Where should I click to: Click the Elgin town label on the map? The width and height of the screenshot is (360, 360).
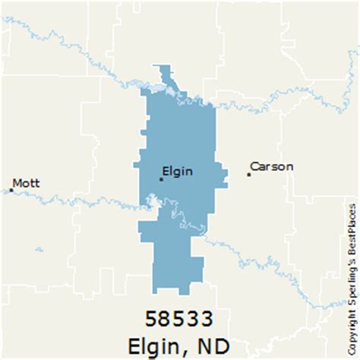[x=178, y=171]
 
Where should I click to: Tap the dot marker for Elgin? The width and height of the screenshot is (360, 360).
[x=161, y=179]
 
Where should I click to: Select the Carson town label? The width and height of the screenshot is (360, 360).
[x=271, y=166]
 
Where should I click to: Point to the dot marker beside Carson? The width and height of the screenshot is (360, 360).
[x=248, y=175]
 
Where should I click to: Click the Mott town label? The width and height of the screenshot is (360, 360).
[x=27, y=183]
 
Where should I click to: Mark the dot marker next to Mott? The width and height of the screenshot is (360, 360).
[x=11, y=191]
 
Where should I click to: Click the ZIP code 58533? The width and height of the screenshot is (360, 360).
[x=180, y=316]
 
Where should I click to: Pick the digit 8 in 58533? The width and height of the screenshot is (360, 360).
[x=166, y=316]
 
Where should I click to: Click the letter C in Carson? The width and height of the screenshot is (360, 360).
[x=254, y=166]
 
